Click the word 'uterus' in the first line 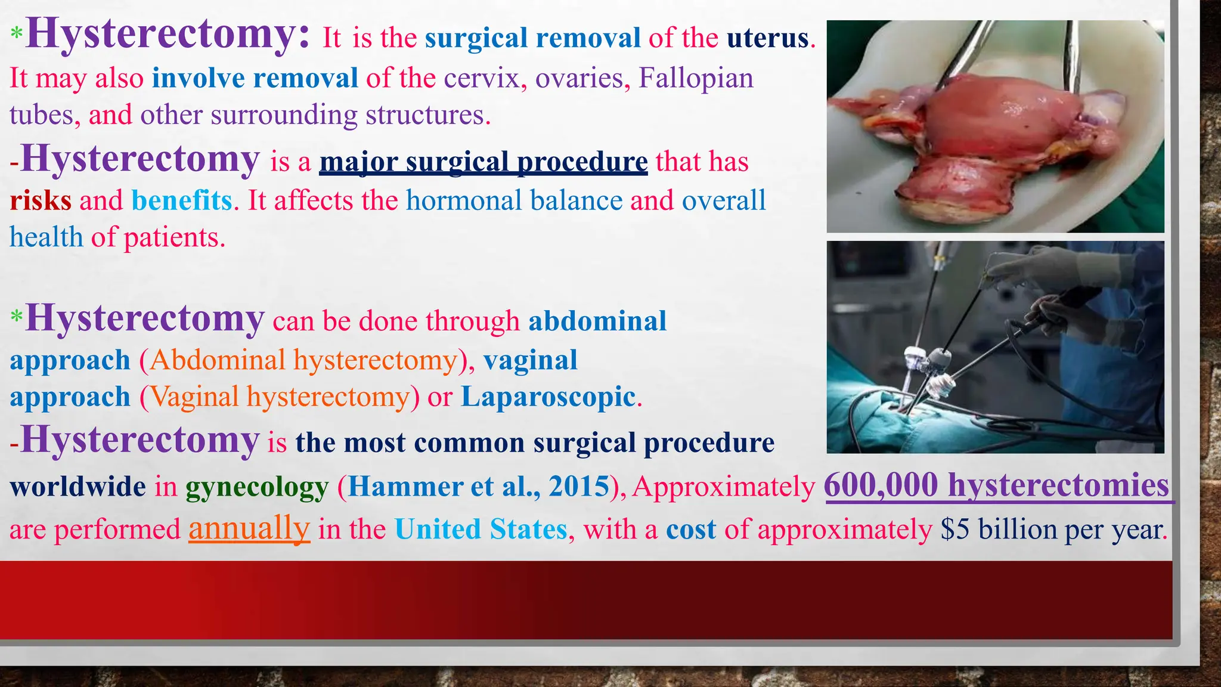tap(767, 39)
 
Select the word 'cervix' tap(482, 79)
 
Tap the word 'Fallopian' tap(696, 79)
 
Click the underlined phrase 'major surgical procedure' tap(483, 162)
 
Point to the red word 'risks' tap(41, 201)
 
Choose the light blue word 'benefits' tap(181, 201)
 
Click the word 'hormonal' tap(464, 201)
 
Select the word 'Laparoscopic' tap(548, 397)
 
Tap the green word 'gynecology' tap(257, 487)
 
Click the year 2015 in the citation tap(579, 487)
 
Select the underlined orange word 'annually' tap(249, 528)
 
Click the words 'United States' tap(481, 530)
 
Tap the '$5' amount tap(955, 530)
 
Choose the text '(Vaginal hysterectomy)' tap(280, 397)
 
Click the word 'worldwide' tap(78, 487)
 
